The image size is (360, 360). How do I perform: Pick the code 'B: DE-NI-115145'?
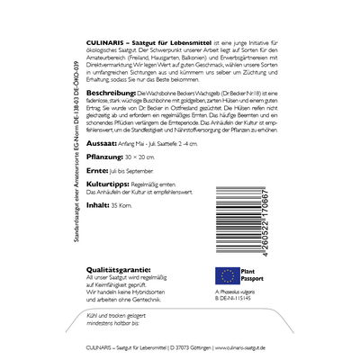[244, 301]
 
